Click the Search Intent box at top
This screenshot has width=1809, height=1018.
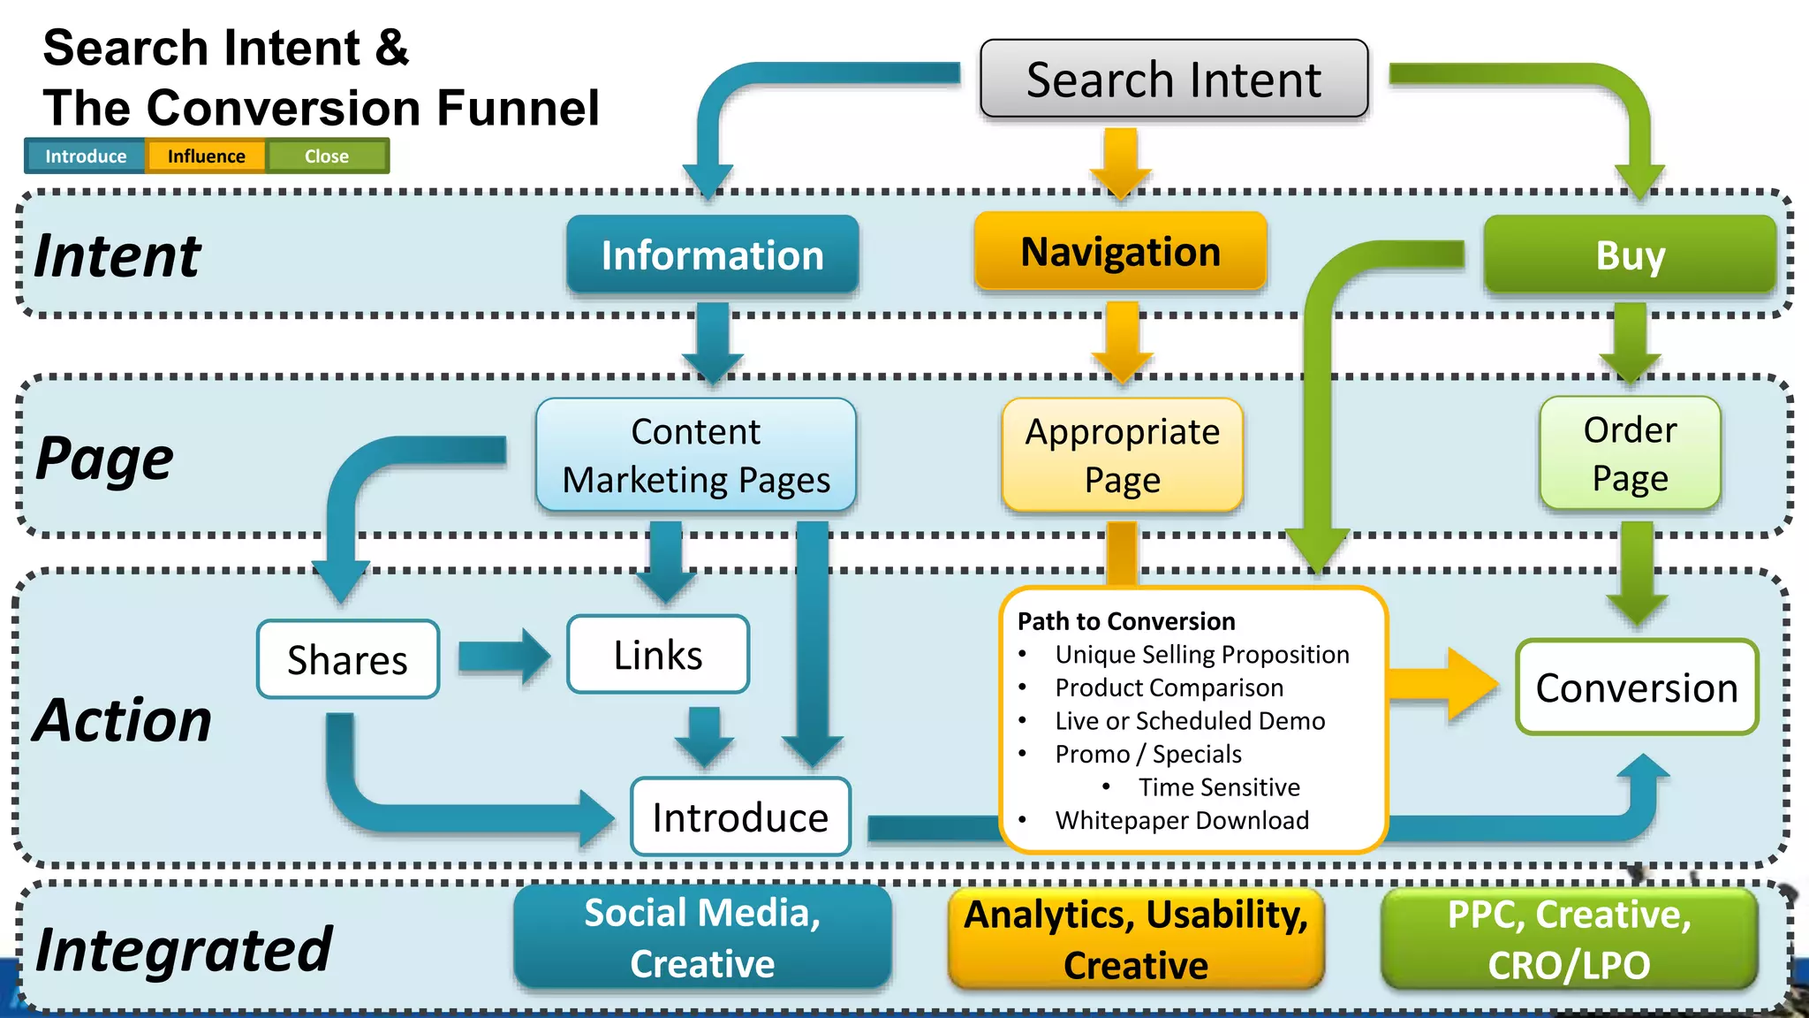click(x=1174, y=80)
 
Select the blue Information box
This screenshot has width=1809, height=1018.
click(x=712, y=254)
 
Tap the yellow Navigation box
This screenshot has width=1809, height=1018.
click(x=1120, y=252)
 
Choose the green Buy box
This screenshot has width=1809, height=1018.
click(x=1630, y=255)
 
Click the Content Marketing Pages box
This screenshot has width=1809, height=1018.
click(x=696, y=455)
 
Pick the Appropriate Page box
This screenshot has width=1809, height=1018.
click(x=1122, y=455)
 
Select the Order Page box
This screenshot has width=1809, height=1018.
click(x=1630, y=453)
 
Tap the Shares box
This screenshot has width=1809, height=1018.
click(x=348, y=659)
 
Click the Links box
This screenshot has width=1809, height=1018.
click(x=658, y=655)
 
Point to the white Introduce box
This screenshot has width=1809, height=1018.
click(x=740, y=817)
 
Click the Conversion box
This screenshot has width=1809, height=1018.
click(x=1637, y=688)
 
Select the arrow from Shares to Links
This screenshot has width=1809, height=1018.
click(x=503, y=657)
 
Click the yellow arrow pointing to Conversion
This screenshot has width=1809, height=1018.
click(x=1444, y=685)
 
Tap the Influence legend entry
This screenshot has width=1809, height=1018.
click(x=206, y=156)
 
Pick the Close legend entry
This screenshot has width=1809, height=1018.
click(x=327, y=156)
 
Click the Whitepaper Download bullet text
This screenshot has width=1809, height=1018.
click(x=1181, y=820)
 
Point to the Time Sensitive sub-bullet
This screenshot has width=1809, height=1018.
click(x=1218, y=786)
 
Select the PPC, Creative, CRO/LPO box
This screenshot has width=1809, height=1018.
click(x=1569, y=938)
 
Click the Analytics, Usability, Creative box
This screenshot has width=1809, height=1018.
click(x=1136, y=938)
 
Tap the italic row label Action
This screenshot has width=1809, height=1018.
click(x=124, y=719)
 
